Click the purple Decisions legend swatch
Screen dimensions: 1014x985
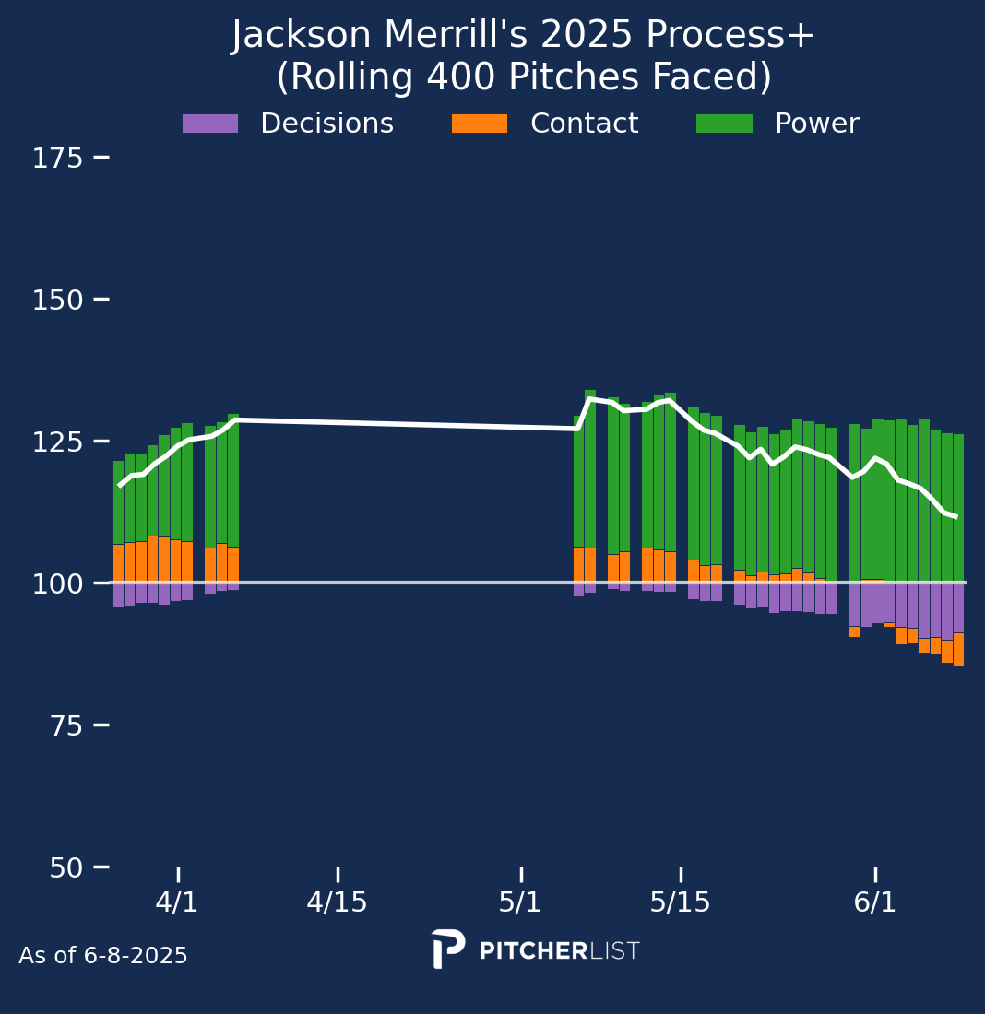210,124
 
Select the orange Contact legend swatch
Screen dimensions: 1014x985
480,124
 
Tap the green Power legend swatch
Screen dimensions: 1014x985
724,124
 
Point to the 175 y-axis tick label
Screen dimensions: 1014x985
58,159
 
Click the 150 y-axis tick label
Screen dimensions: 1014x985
58,301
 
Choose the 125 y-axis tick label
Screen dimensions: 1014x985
58,442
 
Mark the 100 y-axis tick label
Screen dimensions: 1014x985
58,584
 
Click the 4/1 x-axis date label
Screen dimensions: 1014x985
177,902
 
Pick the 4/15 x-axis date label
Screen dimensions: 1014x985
338,902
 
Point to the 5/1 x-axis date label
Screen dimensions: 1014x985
520,902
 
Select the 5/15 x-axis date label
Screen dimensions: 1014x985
681,902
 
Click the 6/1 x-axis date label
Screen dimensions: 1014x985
875,902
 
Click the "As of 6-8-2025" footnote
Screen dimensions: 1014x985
103,956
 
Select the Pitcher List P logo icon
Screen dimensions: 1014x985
447,949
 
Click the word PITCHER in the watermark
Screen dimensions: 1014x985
533,951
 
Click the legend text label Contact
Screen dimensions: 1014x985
584,124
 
